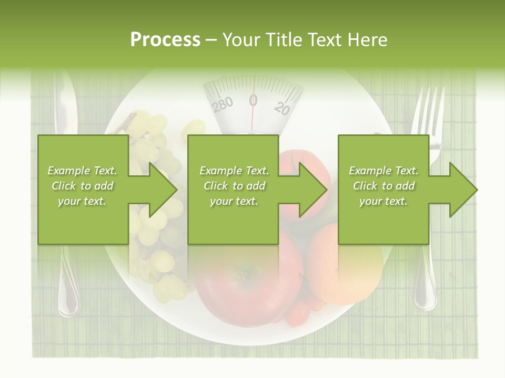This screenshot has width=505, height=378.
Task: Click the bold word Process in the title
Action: [x=165, y=39]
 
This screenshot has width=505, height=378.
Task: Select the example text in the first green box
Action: [x=83, y=186]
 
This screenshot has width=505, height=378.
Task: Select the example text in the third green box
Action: [x=383, y=186]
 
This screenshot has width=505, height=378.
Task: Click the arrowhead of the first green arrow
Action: [x=163, y=190]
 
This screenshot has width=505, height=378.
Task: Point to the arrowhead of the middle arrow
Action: [x=314, y=190]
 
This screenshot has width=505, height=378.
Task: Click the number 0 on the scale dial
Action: [x=253, y=100]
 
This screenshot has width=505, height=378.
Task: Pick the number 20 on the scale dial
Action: [x=282, y=108]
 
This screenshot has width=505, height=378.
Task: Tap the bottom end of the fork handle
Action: [x=425, y=299]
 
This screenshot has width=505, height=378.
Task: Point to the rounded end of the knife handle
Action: [x=68, y=304]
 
